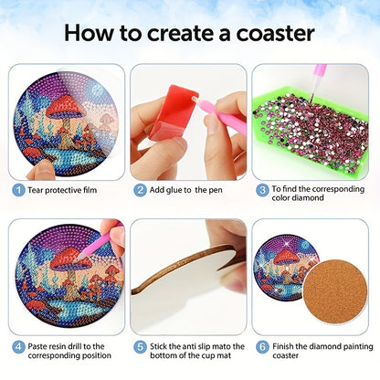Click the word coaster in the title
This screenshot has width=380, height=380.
click(275, 34)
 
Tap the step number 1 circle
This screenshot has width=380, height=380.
click(18, 190)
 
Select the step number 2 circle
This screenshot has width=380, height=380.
click(140, 190)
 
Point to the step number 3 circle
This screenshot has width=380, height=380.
click(262, 190)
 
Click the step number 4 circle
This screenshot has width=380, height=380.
click(18, 347)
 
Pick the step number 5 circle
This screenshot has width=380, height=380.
click(140, 347)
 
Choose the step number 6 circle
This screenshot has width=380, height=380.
click(262, 347)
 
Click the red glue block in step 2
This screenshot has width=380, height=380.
click(174, 112)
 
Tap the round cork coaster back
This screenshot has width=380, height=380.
click(335, 291)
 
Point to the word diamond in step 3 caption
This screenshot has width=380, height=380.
click(311, 198)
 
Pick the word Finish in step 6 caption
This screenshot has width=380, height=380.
click(283, 346)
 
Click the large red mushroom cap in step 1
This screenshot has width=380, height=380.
click(66, 107)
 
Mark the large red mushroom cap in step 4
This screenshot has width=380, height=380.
click(70, 259)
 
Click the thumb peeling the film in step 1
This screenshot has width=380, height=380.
click(41, 171)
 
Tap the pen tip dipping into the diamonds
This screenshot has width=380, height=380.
click(311, 100)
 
